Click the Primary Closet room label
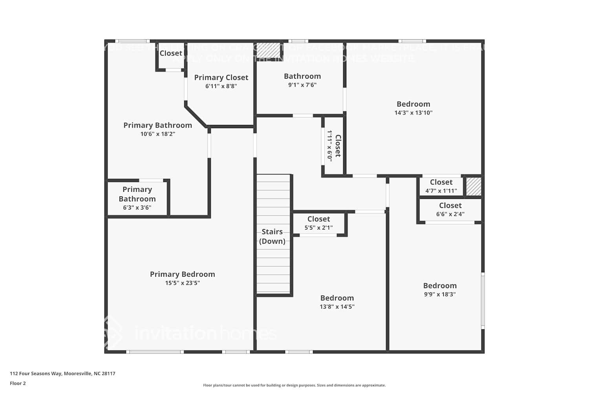pos(221,77)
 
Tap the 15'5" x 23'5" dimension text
pos(182,283)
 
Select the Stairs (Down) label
pos(272,236)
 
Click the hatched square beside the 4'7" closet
pos(474,187)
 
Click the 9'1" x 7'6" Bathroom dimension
pos(302,85)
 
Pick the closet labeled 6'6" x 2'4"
pos(450,209)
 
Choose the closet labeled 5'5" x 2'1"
pos(318,223)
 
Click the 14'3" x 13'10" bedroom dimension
pos(413,113)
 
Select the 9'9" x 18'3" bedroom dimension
pos(439,294)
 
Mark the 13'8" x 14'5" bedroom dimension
pos(337,307)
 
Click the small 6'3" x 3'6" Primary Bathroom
pos(137,198)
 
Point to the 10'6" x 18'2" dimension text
pos(157,134)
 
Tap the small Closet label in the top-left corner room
pos(171,53)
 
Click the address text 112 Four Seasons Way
pos(62,374)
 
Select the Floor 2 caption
pos(18,384)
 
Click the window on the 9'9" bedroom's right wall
pos(483,301)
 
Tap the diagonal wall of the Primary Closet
pos(196,116)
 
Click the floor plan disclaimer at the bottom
pos(294,386)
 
